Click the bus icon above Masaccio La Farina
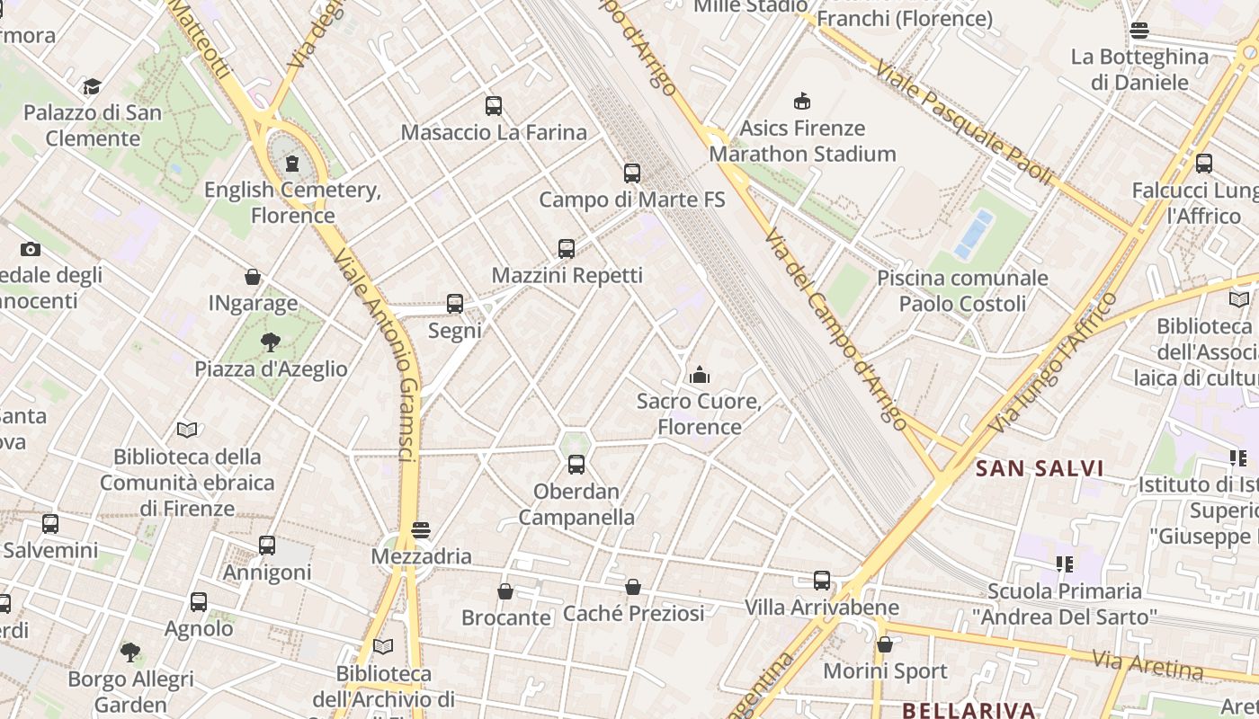click(493, 106)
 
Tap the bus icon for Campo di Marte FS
click(632, 173)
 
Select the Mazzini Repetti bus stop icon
click(567, 249)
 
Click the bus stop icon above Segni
click(455, 304)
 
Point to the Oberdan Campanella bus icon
click(576, 465)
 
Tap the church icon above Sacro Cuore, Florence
click(699, 375)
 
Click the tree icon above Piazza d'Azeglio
click(270, 342)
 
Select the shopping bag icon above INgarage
click(253, 277)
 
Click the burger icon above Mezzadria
click(420, 530)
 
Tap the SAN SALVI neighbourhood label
click(1040, 468)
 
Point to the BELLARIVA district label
click(969, 710)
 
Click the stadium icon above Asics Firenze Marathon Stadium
click(801, 102)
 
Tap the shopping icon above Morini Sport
click(885, 644)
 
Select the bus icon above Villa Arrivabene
click(822, 581)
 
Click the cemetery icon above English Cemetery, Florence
click(292, 164)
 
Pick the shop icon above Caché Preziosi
click(633, 587)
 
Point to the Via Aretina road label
click(1147, 663)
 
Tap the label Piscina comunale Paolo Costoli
click(962, 290)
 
